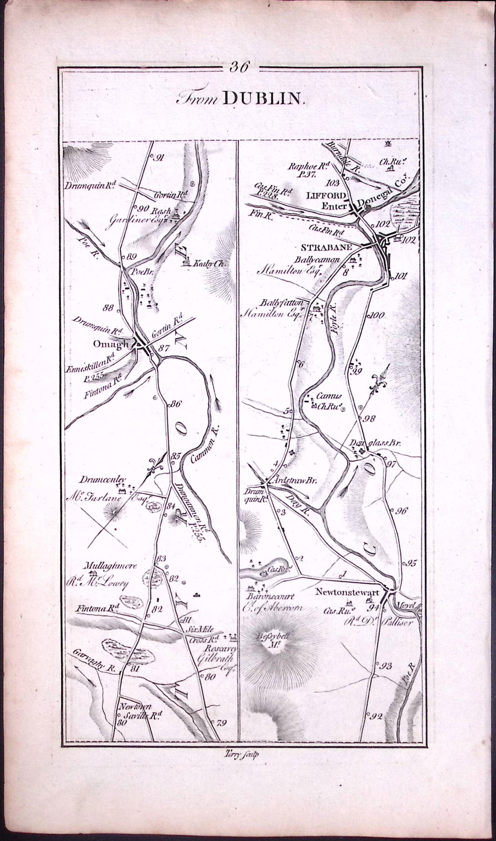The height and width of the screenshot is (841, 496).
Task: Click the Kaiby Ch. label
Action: click(x=208, y=264)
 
